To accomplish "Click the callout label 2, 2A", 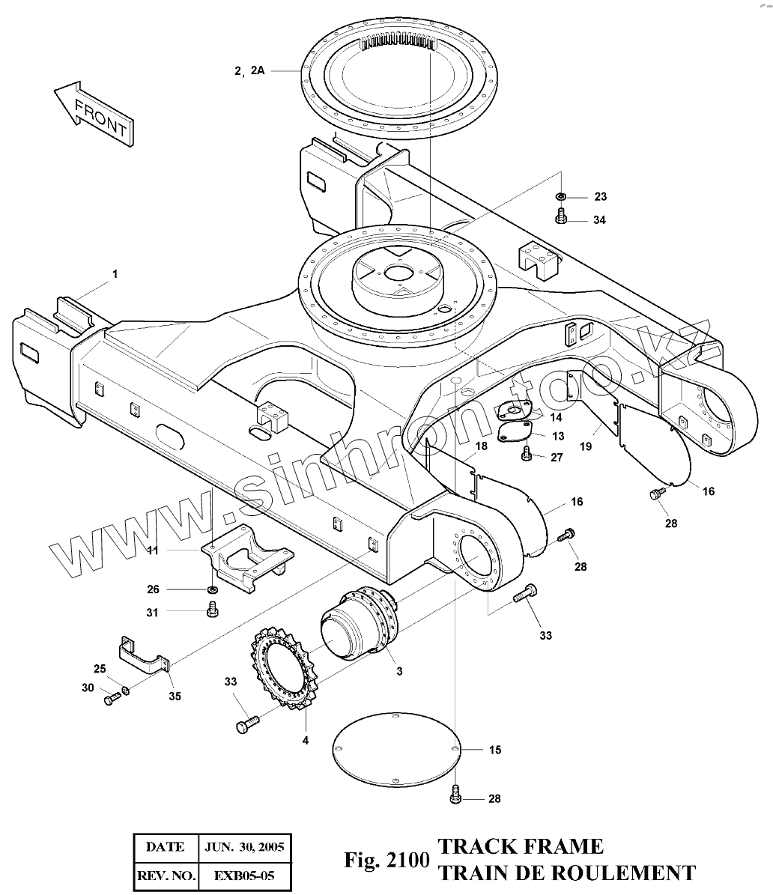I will tap(249, 71).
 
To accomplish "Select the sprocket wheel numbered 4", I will tap(284, 667).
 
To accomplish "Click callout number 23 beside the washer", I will tap(600, 197).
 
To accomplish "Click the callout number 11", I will tap(152, 551).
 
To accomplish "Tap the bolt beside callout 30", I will tap(111, 700).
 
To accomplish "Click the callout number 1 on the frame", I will tap(115, 275).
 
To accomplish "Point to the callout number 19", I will tap(586, 446).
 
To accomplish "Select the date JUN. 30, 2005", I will tap(243, 847).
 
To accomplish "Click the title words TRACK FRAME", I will tap(521, 847).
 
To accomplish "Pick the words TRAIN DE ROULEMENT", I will tap(566, 873).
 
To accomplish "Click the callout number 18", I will tap(481, 446).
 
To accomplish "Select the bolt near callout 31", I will tap(212, 612).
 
